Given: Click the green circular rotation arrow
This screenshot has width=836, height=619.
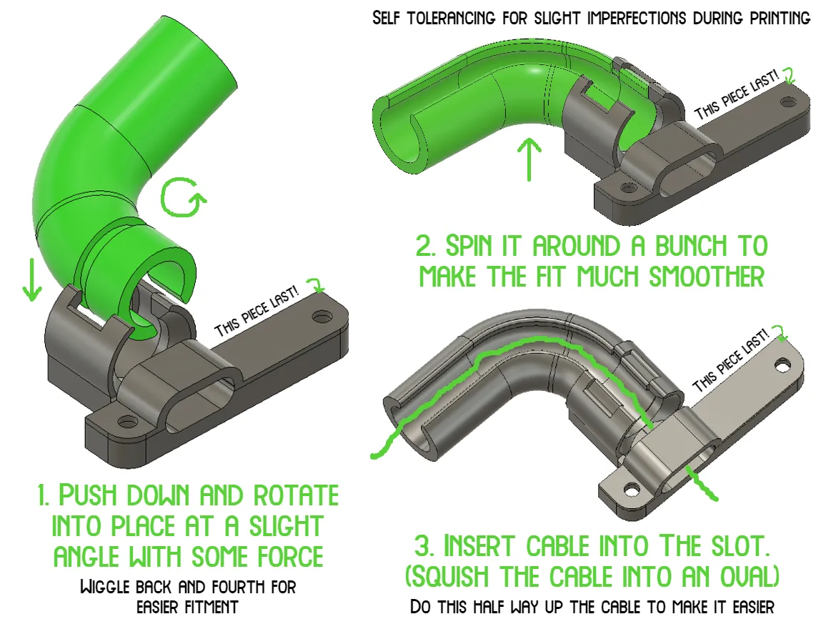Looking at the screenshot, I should click(x=181, y=197).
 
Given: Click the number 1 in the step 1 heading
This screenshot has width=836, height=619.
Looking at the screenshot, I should click(x=44, y=495).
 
